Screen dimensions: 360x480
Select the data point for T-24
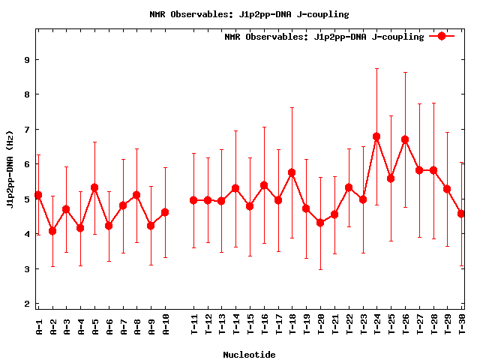point(376,136)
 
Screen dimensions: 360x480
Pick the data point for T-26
point(405,139)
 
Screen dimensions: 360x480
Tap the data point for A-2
point(52,231)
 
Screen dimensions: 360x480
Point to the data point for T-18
point(292,172)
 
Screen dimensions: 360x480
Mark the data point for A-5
point(94,187)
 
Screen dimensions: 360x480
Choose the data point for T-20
point(320,223)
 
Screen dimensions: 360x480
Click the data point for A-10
point(165,212)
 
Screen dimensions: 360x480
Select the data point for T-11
point(193,200)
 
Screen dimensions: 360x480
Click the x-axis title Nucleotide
point(249,355)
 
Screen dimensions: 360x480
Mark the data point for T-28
point(433,170)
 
